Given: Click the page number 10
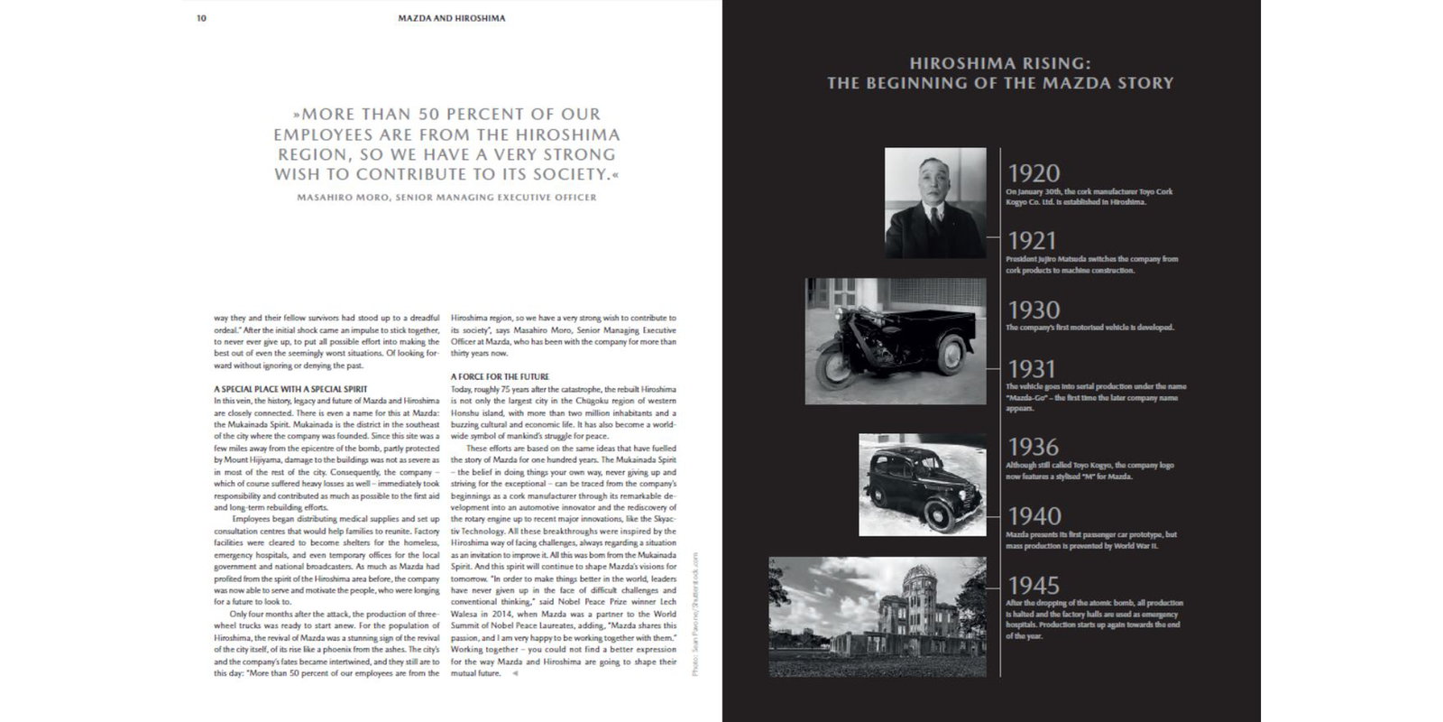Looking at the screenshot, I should tap(201, 18).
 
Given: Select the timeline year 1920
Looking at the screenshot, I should tap(1034, 173).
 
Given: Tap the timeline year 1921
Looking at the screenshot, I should tap(1032, 241).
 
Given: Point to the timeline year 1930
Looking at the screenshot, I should tap(1034, 310).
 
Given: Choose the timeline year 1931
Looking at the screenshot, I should tap(1032, 369).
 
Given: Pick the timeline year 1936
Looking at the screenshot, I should tap(1034, 447).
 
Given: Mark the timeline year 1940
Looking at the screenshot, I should tap(1034, 516).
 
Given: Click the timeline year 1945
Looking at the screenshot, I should tap(1034, 586).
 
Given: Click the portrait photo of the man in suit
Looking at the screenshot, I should tap(935, 203).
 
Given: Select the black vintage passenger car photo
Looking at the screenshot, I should tap(922, 485).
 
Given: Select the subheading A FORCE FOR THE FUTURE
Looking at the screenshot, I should tap(499, 376).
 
